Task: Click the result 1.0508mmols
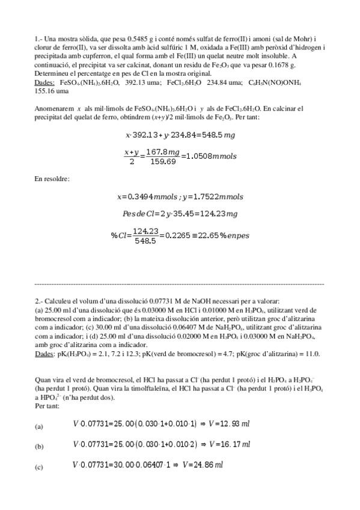pyautogui.click(x=210, y=156)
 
